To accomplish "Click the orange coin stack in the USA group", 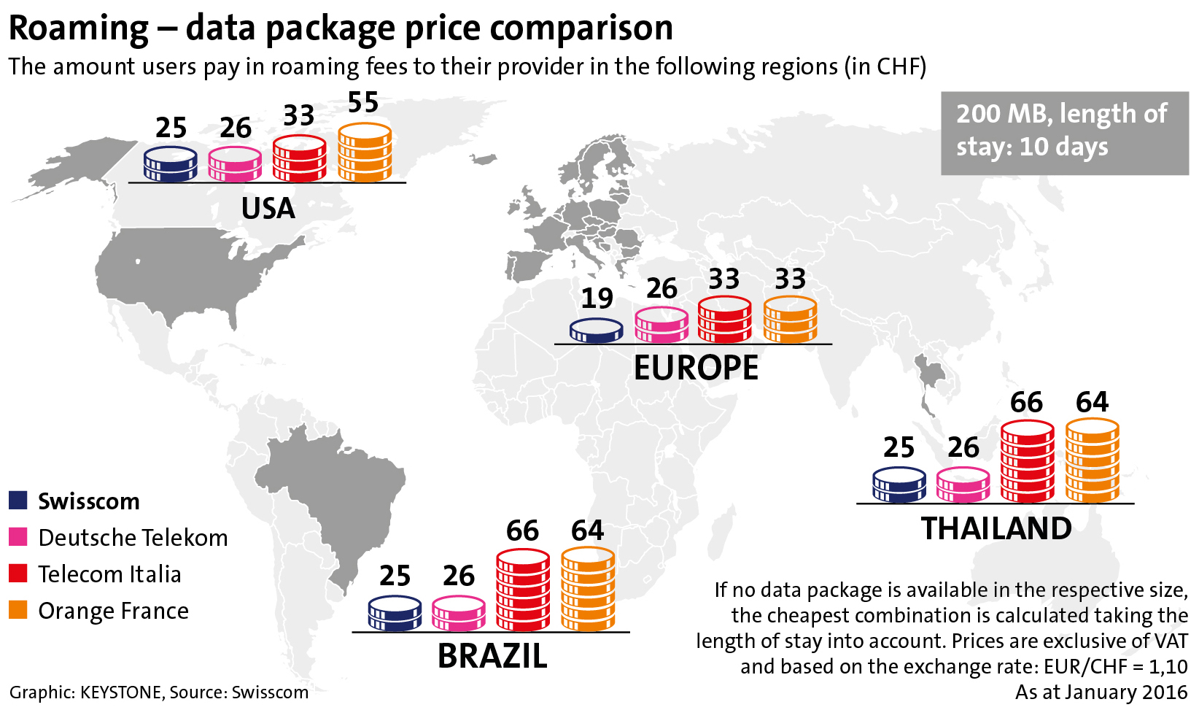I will click(x=365, y=153).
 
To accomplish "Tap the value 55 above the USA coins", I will click(x=363, y=103).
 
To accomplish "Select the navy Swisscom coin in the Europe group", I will click(x=597, y=331).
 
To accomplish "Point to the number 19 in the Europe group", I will click(x=597, y=298).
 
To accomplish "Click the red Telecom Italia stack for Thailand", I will click(x=1028, y=462).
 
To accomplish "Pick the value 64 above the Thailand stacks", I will click(x=1092, y=402).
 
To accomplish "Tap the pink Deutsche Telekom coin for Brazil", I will click(x=459, y=614).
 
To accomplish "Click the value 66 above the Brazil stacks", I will click(x=523, y=531).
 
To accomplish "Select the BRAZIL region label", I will click(x=492, y=656).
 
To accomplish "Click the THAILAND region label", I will click(x=996, y=528).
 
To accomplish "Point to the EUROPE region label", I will click(x=696, y=368).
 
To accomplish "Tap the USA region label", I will click(x=268, y=209).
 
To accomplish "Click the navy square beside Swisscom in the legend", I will click(x=18, y=501).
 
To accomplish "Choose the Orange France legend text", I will click(x=113, y=611).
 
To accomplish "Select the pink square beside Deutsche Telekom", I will click(x=18, y=537).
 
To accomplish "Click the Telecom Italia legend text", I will click(x=109, y=574).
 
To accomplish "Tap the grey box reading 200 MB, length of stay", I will click(x=1064, y=133).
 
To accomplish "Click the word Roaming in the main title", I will click(x=79, y=28).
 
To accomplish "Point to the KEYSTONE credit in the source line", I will click(x=120, y=692).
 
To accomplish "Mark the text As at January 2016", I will click(x=1101, y=692).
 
